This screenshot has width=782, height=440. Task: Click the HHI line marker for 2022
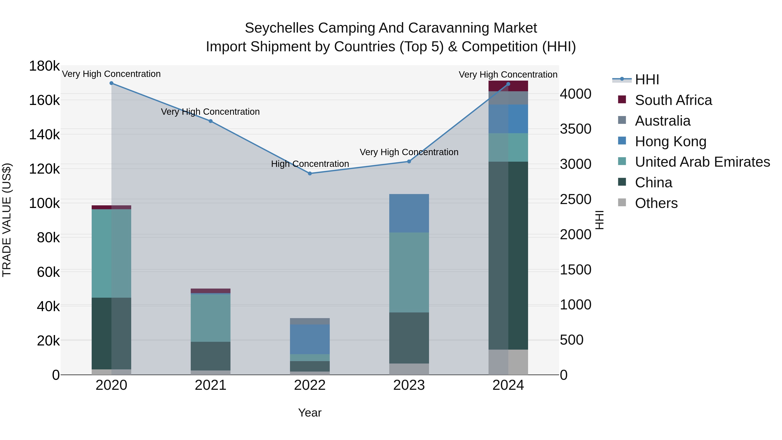pyautogui.click(x=310, y=173)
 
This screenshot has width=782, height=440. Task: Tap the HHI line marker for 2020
pyautogui.click(x=111, y=83)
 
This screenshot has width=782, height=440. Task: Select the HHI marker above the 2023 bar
pyautogui.click(x=409, y=161)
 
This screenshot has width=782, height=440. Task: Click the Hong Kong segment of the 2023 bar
pyautogui.click(x=409, y=213)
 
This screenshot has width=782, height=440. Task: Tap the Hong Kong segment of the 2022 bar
pyautogui.click(x=310, y=339)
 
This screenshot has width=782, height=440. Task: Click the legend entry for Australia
pyautogui.click(x=662, y=121)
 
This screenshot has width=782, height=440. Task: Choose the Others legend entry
pyautogui.click(x=656, y=203)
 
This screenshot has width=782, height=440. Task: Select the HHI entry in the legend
pyautogui.click(x=647, y=80)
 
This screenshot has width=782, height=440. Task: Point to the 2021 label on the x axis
pyautogui.click(x=210, y=385)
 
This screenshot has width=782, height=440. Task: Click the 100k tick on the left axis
pyautogui.click(x=44, y=203)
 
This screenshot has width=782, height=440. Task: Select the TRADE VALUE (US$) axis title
pyautogui.click(x=7, y=220)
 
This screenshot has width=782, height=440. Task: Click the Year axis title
pyautogui.click(x=310, y=413)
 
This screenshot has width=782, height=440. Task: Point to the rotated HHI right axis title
pyautogui.click(x=599, y=220)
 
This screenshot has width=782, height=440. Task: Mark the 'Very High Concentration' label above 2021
pyautogui.click(x=210, y=112)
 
